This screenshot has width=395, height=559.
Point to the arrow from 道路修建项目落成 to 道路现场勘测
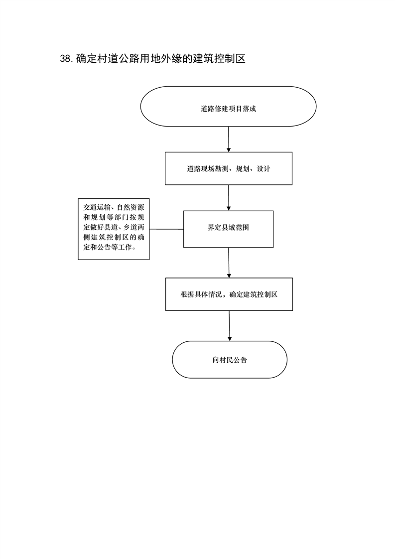click(x=229, y=140)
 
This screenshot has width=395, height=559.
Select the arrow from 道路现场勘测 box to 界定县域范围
click(x=229, y=198)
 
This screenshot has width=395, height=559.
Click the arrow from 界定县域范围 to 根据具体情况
click(x=229, y=263)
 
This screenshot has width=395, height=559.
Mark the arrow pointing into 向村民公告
click(x=229, y=326)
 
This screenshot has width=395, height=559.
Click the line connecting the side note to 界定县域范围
click(x=166, y=229)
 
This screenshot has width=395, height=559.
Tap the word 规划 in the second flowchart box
click(x=243, y=168)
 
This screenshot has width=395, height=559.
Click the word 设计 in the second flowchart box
click(x=263, y=168)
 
